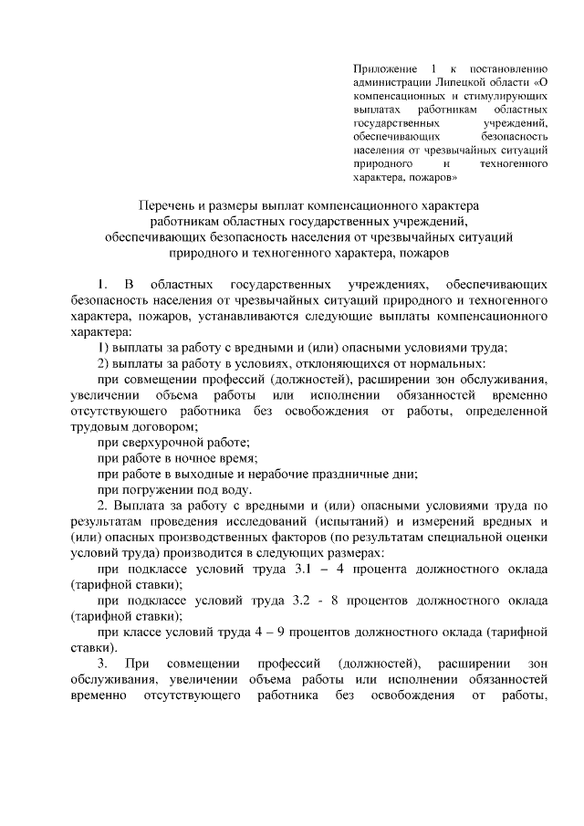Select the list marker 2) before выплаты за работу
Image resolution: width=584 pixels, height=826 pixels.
click(x=104, y=364)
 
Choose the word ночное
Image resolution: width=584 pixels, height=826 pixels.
click(x=201, y=459)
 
